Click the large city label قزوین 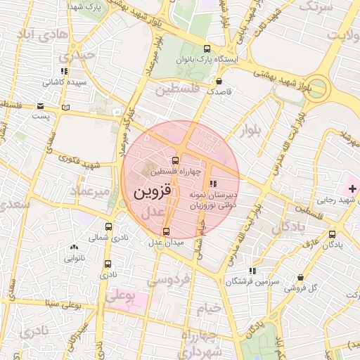pos(150,191)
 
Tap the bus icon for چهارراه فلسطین pos(176,160)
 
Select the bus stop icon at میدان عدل pos(166,231)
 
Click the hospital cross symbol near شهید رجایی pos(352,189)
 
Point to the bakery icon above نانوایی pos(73,247)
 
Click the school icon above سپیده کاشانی pos(64,71)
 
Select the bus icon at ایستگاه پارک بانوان pos(207,49)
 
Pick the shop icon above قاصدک pos(220,81)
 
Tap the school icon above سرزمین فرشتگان pos(252,271)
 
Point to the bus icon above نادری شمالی pos(108,226)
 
